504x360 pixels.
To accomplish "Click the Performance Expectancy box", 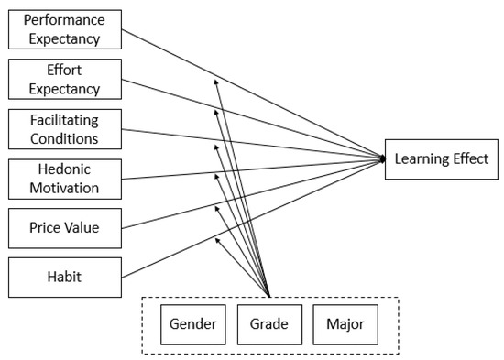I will tap(63, 29).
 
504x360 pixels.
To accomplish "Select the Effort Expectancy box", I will tap(63, 79).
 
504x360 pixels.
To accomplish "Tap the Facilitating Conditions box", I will tap(63, 128).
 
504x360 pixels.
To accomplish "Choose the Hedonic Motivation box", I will tap(63, 178).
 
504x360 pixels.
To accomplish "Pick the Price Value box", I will tap(63, 227).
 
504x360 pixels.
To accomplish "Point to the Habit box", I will tap(63, 277).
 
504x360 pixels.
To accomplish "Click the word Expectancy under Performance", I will tap(63, 39).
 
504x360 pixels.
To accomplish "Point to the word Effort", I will tap(63, 69).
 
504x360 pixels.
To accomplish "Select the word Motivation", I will tap(63, 188).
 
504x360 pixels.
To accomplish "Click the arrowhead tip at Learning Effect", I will tap(383, 159).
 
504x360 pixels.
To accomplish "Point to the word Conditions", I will tap(63, 138).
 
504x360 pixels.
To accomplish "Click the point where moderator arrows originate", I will tap(270, 295).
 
